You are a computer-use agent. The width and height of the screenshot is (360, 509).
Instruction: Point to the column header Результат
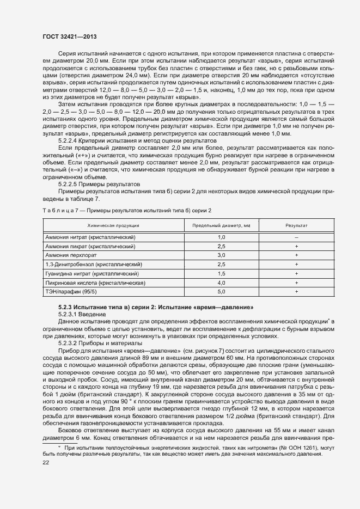(x=296, y=225)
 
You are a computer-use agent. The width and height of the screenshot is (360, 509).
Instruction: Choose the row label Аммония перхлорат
(x=70, y=255)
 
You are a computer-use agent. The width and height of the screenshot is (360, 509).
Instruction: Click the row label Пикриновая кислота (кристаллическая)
(x=95, y=283)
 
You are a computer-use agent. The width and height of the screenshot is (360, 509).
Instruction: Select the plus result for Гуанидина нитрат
(x=296, y=274)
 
